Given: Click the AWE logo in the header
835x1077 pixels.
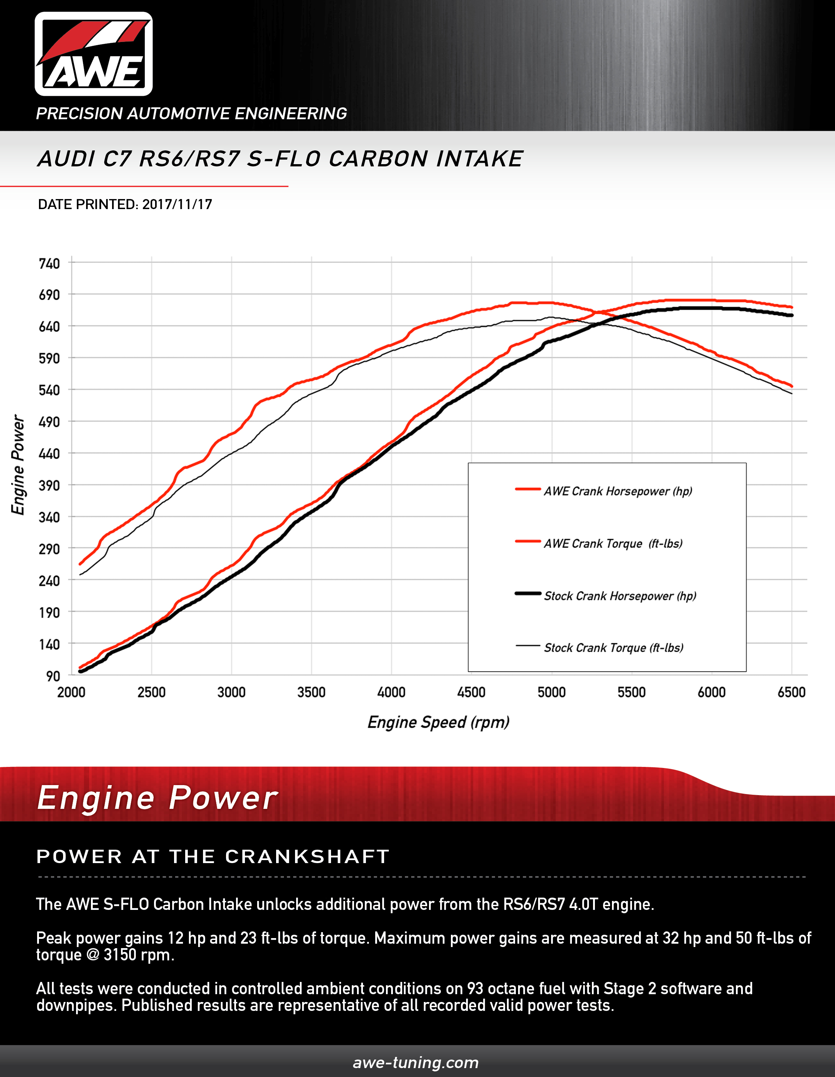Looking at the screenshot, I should [94, 54].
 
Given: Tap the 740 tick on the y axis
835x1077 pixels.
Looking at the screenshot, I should [49, 263].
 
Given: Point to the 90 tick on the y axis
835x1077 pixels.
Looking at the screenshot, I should [53, 676].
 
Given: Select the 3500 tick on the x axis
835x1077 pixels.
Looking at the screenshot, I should [311, 692].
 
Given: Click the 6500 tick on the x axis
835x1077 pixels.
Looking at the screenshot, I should [791, 692].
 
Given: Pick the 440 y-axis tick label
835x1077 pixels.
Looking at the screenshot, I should [49, 454].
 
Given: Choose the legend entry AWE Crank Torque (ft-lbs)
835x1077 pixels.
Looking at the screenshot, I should [613, 543].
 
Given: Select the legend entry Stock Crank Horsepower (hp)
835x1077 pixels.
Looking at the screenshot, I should [620, 596].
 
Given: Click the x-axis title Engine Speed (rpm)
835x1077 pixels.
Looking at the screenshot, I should [438, 722].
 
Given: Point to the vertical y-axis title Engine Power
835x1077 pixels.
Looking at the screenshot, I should [18, 465].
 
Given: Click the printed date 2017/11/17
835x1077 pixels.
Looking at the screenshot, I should [177, 205].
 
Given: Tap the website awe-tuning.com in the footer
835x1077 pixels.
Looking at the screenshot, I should [416, 1062].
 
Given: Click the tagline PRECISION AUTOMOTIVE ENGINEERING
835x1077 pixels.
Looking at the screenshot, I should [191, 113].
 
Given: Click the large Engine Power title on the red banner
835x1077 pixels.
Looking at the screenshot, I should [158, 798].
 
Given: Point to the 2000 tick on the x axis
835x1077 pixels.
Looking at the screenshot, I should [72, 692].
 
